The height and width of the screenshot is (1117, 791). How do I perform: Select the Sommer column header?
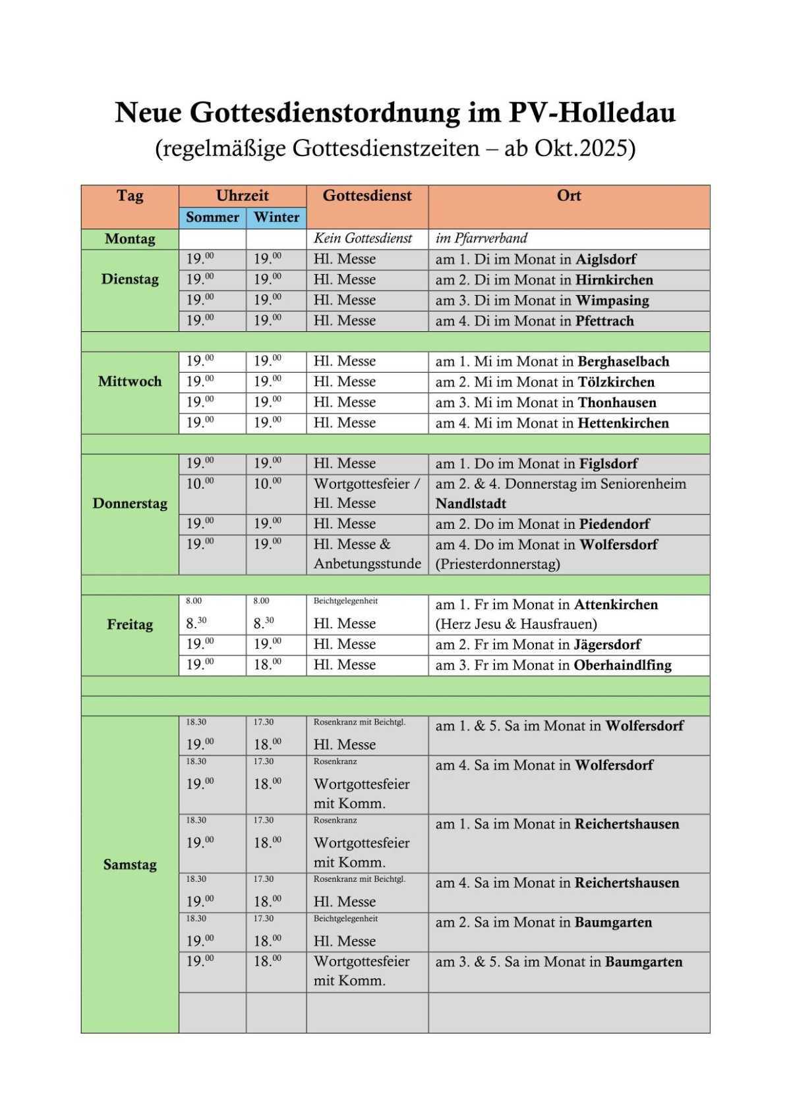tap(212, 217)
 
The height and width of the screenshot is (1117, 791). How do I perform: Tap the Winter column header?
tap(276, 217)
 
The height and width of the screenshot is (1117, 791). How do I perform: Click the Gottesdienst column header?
tap(367, 196)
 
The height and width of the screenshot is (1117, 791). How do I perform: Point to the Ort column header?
tap(569, 196)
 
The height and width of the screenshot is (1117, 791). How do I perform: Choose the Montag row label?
tap(130, 239)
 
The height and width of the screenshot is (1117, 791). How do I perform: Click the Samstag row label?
tap(130, 865)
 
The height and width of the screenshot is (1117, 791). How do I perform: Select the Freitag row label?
tap(130, 624)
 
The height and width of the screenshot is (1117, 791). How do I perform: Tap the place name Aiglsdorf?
tap(606, 259)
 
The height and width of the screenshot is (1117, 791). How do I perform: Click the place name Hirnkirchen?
tap(614, 280)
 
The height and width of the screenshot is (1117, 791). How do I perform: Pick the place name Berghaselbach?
tap(623, 362)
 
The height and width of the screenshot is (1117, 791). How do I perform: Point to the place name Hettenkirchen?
tap(623, 423)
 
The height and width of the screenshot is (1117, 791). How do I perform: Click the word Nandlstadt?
tap(471, 504)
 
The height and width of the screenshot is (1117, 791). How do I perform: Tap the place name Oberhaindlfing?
tap(622, 665)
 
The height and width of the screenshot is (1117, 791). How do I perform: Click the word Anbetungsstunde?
tap(367, 564)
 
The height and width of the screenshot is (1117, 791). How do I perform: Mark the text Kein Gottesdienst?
tap(363, 238)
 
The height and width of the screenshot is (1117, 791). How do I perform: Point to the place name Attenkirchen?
tap(616, 605)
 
